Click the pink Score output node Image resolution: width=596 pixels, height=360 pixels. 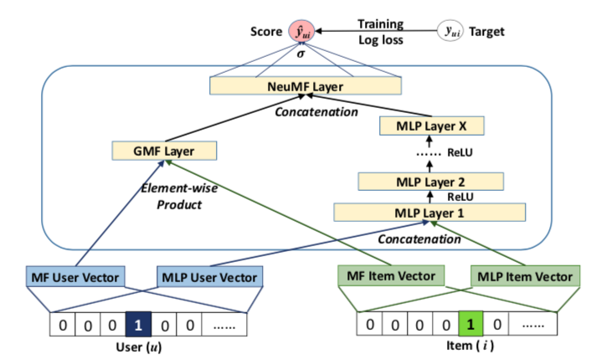pos(301,31)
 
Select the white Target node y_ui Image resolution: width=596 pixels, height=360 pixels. pos(450,31)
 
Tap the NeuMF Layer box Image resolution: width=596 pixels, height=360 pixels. pos(306,86)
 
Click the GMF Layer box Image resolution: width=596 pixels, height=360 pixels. pos(164,151)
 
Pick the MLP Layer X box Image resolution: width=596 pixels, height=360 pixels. pos(432,126)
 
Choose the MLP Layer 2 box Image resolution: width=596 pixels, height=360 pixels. pos(430,182)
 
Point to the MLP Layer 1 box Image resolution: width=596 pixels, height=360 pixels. pos(429,213)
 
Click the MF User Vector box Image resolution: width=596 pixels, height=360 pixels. pos(75,277)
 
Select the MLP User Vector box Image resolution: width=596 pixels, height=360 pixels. pos(210,277)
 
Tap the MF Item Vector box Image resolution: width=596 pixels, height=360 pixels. pos(391,275)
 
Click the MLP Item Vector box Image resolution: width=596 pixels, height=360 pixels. pos(526,276)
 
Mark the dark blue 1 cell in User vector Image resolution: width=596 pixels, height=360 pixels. pos(138,324)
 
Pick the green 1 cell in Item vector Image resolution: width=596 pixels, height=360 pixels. pos(470,323)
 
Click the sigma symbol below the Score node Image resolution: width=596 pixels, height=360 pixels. pos(301,54)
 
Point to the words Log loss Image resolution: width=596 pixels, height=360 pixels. pos(381,40)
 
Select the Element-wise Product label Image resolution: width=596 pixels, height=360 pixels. pos(179,196)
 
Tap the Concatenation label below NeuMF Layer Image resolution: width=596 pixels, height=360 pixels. pos(316,111)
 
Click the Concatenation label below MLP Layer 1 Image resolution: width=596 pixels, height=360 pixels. pos(419,239)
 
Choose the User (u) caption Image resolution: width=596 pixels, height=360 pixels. pos(139,347)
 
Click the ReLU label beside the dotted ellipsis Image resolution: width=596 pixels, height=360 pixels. pos(460,152)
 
